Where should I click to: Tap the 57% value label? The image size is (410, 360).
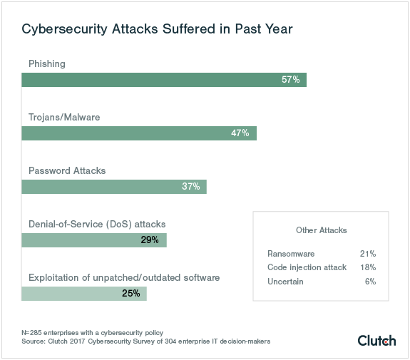[290, 80]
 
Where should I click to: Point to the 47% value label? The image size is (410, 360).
[240, 133]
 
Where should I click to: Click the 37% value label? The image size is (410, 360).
[190, 187]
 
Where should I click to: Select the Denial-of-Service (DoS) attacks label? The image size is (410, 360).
[97, 224]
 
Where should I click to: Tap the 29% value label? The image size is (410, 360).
[150, 240]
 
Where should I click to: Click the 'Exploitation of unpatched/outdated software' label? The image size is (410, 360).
[124, 277]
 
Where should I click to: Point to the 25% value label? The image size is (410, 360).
[130, 294]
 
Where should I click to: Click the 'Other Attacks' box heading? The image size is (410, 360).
[321, 230]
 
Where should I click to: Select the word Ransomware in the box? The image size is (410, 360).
[291, 253]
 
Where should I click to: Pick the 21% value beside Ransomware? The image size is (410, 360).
[368, 253]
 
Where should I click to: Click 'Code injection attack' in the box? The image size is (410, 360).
[307, 267]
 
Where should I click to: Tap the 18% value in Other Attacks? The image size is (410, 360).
[368, 267]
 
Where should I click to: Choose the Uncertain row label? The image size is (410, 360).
[285, 282]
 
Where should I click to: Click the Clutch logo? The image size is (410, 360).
[376, 340]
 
